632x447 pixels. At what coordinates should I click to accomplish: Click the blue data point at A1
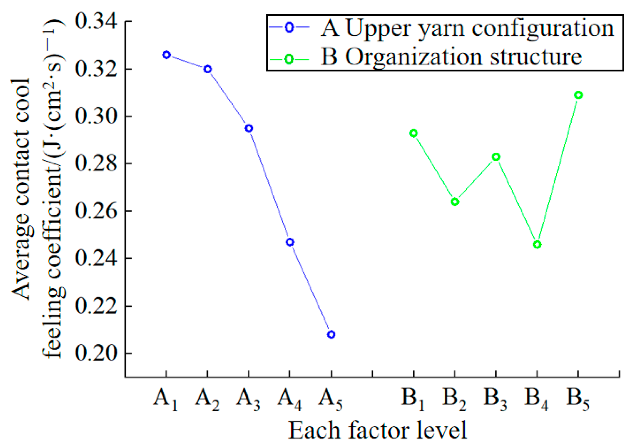pyautogui.click(x=166, y=55)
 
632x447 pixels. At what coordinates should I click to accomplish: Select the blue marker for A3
pyautogui.click(x=249, y=128)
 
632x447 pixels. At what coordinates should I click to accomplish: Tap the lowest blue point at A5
pyautogui.click(x=331, y=335)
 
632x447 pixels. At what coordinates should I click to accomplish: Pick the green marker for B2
pyautogui.click(x=455, y=202)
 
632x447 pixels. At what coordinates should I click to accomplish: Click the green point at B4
pyautogui.click(x=537, y=244)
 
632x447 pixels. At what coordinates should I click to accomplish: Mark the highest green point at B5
pyautogui.click(x=578, y=95)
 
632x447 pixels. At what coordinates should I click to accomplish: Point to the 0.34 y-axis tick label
pyautogui.click(x=96, y=21)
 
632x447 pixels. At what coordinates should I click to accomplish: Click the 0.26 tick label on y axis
pyautogui.click(x=96, y=211)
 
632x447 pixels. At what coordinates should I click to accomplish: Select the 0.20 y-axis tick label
pyautogui.click(x=96, y=353)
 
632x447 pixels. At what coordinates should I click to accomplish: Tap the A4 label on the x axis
pyautogui.click(x=289, y=399)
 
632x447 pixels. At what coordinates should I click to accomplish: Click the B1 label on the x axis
pyautogui.click(x=413, y=399)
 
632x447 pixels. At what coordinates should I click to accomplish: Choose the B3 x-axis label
pyautogui.click(x=495, y=399)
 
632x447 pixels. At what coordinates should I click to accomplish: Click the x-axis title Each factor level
pyautogui.click(x=377, y=430)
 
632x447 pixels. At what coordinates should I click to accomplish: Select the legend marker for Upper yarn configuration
pyautogui.click(x=289, y=27)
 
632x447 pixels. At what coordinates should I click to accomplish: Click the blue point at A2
pyautogui.click(x=208, y=69)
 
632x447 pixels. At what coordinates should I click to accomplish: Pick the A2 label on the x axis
pyautogui.click(x=207, y=399)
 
